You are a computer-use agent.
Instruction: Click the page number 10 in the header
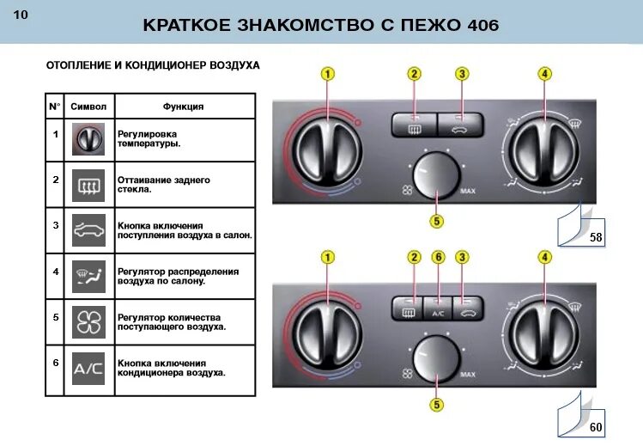(21, 16)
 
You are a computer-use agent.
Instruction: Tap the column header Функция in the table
(183, 107)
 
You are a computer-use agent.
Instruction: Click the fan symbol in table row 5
(88, 321)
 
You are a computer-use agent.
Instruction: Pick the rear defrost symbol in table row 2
(88, 183)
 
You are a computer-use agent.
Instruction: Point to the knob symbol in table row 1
(88, 138)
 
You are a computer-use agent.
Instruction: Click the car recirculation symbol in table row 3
(88, 230)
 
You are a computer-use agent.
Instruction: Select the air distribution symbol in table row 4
(88, 275)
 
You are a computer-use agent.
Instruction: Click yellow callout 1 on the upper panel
(328, 74)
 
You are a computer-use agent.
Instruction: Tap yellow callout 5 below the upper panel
(437, 222)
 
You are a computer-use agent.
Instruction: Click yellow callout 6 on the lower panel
(438, 257)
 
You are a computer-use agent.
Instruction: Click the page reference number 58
(595, 236)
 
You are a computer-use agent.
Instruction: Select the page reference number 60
(595, 426)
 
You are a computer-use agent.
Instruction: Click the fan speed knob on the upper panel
(436, 175)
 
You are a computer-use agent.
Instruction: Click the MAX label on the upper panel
(468, 190)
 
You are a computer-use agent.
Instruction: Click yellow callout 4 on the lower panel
(544, 257)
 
